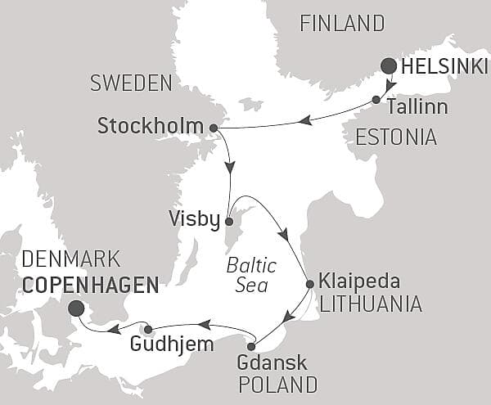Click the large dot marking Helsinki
coord(389,66)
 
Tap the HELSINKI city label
coord(441,66)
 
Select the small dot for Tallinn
coord(376,100)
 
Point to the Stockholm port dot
coord(214,128)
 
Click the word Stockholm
coord(150,127)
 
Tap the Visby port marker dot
coord(229,221)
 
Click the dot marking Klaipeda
coord(309,285)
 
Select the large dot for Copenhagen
coord(77,308)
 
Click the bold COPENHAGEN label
coord(90,284)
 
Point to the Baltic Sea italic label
coord(252,275)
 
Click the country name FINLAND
coord(342,23)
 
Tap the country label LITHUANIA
coord(370,305)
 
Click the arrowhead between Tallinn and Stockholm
coord(306,120)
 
